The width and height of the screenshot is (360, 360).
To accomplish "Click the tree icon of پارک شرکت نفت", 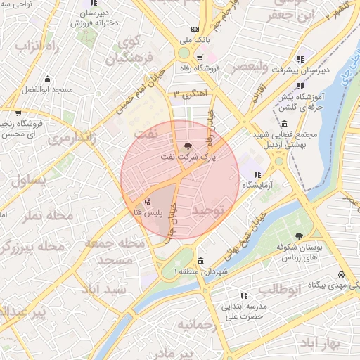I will tap(187, 146).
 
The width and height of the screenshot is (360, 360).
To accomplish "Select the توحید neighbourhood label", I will tap(212, 210).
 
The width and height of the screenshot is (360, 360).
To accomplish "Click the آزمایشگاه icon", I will tap(257, 174).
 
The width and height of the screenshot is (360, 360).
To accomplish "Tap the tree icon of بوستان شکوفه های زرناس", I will tap(299, 236).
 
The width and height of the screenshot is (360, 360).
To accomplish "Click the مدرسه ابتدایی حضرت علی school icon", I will tap(243, 295).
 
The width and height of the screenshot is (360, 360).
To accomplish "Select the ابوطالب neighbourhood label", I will tap(279, 289).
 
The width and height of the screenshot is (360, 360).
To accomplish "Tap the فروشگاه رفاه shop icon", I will tap(200, 58).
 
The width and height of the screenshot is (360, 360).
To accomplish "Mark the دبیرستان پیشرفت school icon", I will tap(300, 59).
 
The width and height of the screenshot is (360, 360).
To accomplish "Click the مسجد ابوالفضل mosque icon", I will tap(47, 79).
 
